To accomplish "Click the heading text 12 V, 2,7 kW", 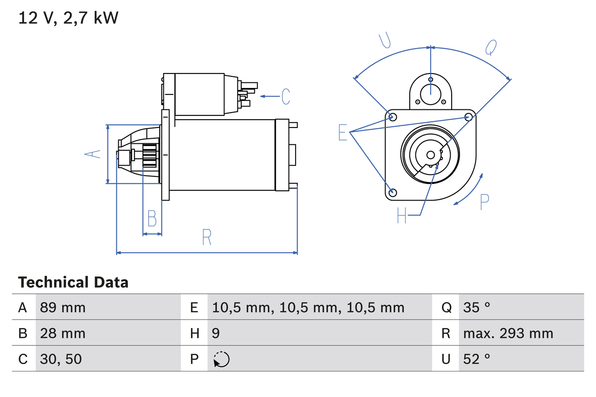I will click(x=68, y=18).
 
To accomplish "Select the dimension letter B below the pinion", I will click(x=152, y=218).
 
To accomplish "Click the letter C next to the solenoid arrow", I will click(x=285, y=96).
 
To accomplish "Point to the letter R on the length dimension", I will click(x=207, y=237).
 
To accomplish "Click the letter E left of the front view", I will click(x=343, y=133).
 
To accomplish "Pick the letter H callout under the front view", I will click(x=402, y=215).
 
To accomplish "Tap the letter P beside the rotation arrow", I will click(x=484, y=202).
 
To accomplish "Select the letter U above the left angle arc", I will click(x=385, y=40).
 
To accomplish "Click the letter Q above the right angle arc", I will click(x=491, y=47).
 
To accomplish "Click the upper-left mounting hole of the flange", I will click(x=393, y=117).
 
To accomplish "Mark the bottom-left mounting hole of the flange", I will click(x=393, y=192).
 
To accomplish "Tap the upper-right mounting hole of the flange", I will click(x=469, y=117).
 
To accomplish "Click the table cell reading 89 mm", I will click(x=63, y=308).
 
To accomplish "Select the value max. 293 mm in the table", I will click(x=508, y=333).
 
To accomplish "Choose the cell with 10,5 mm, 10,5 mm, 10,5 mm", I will click(x=308, y=308).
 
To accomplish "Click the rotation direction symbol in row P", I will click(x=222, y=359).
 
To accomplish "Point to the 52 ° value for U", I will click(x=477, y=359).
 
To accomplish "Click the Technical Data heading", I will click(x=73, y=282).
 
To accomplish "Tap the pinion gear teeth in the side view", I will click(x=150, y=156).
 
